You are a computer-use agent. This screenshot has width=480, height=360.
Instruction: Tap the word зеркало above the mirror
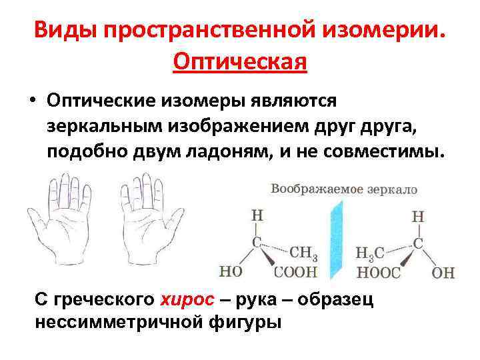tap(390, 189)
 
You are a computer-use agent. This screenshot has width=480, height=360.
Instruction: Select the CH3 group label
tap(303, 253)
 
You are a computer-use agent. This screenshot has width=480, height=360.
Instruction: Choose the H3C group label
tap(370, 254)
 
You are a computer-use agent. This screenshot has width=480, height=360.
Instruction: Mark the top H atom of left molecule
tap(257, 216)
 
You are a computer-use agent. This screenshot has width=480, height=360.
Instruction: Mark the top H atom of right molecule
tap(418, 216)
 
